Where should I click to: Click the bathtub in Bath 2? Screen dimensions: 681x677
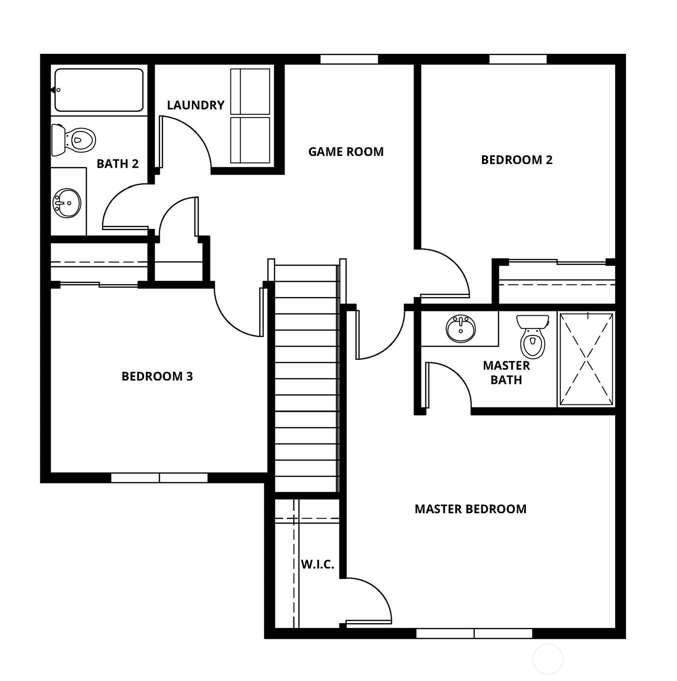99,90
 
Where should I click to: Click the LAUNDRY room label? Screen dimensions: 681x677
195,105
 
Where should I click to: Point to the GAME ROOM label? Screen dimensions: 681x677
346,151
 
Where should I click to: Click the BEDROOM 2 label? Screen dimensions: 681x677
517,160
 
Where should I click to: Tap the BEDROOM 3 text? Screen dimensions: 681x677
157,376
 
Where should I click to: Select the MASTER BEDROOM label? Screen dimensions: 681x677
470,509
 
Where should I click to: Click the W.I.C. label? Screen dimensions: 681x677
317,564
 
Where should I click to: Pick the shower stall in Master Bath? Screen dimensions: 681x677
586,359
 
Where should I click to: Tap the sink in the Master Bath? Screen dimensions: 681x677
461,328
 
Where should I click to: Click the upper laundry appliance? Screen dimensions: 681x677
250,91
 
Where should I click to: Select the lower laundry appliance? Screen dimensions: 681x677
250,140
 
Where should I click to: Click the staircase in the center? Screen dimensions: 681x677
307,378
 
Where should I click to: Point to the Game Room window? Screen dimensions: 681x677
349,59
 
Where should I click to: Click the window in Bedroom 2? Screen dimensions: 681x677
518,59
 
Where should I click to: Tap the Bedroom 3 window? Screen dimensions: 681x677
159,478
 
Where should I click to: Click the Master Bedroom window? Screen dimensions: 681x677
474,633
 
